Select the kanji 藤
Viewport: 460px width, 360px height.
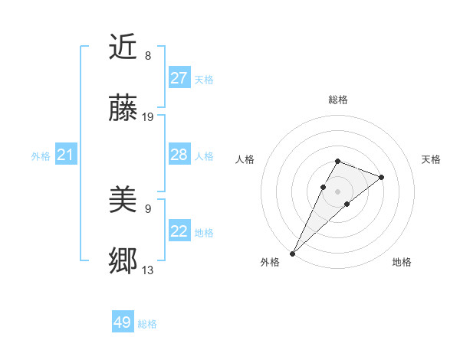click(123, 109)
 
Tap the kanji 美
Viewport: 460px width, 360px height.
click(123, 201)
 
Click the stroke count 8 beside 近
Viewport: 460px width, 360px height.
click(148, 56)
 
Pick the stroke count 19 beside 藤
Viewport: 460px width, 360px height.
click(148, 117)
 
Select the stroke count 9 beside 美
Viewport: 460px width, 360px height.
click(148, 208)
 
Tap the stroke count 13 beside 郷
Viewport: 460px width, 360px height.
click(148, 270)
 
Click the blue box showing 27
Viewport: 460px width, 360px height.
click(179, 78)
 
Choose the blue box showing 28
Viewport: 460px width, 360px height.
click(179, 155)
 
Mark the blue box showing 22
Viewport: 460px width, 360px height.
click(179, 231)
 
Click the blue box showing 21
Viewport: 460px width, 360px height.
click(66, 155)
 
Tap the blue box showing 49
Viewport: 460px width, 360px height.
click(123, 322)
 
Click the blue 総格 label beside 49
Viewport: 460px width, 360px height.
click(147, 324)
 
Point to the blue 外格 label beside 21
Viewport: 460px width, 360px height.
click(41, 156)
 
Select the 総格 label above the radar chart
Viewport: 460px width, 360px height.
click(337, 100)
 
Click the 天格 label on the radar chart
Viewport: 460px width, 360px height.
click(431, 159)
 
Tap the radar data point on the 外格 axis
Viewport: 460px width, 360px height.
click(292, 254)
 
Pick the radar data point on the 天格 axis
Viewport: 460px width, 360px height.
click(381, 177)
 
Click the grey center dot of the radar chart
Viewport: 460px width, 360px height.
click(337, 191)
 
